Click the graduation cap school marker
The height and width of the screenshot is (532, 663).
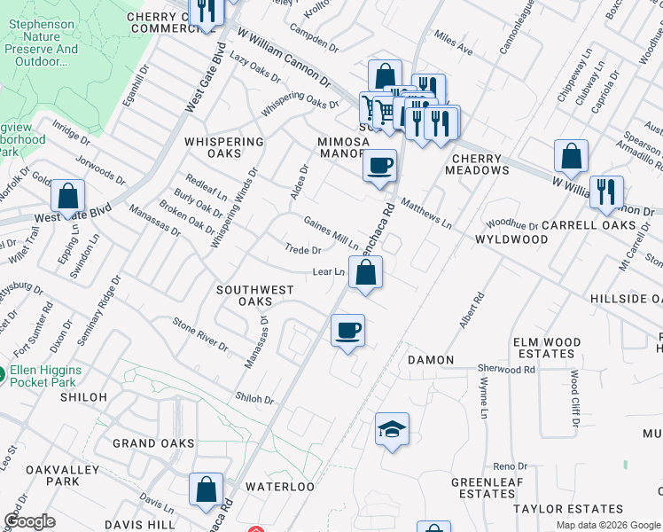392,430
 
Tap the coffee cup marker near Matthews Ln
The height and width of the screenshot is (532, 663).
379,166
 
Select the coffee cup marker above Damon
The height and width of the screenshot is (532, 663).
347,331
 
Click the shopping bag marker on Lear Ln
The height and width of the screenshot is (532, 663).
365,273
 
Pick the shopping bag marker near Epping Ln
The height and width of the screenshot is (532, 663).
67,197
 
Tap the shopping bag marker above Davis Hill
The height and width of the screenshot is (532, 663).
206,489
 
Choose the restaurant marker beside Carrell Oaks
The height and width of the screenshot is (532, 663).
606,193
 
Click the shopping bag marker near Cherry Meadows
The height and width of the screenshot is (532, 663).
571,157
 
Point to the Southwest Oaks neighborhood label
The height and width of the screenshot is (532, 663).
255,295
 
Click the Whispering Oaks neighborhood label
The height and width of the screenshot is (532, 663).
224,147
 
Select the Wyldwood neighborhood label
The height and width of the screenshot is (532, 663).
511,239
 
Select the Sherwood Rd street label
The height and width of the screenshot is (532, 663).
506,369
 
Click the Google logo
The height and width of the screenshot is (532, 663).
30,521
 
